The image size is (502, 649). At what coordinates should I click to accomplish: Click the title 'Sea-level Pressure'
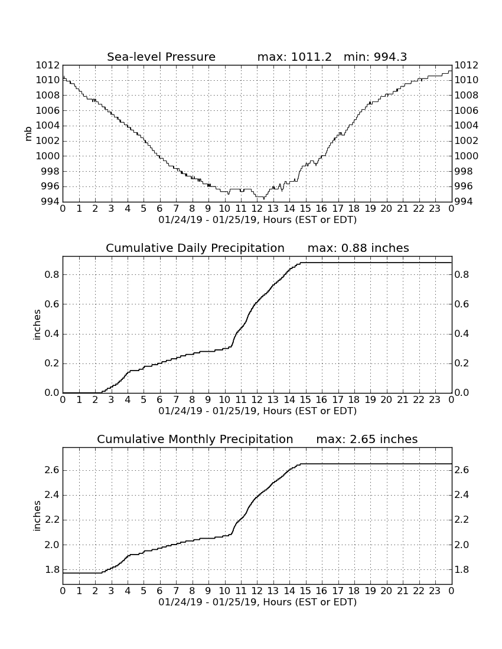(x=161, y=57)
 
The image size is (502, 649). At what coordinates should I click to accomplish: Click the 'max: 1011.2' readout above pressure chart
(x=295, y=57)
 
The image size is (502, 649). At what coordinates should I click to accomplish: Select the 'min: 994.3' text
(x=375, y=57)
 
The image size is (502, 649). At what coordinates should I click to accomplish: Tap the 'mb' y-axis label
(x=28, y=134)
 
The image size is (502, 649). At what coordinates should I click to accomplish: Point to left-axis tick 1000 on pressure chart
(x=47, y=156)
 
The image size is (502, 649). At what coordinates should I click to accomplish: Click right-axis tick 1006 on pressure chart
(x=467, y=110)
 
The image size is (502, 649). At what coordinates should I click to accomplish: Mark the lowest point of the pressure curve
(x=264, y=199)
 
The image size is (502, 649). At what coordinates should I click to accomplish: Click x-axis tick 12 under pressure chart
(x=257, y=209)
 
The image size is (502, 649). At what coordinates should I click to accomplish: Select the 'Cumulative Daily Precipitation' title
(x=195, y=248)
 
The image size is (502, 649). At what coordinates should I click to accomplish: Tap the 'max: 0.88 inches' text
(x=358, y=248)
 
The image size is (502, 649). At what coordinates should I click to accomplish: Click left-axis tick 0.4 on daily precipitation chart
(x=52, y=333)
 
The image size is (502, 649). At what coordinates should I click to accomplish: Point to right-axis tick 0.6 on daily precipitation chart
(x=462, y=304)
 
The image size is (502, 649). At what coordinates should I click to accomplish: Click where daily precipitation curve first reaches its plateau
(x=301, y=263)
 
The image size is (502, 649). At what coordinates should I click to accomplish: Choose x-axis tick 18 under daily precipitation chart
(x=354, y=400)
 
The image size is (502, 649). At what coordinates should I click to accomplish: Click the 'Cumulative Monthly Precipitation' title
(x=195, y=439)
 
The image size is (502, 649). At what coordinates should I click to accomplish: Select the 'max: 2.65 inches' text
(x=367, y=439)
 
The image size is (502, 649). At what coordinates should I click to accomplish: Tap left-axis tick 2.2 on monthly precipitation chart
(x=52, y=520)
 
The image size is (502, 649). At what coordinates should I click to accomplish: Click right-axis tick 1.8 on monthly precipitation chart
(x=462, y=569)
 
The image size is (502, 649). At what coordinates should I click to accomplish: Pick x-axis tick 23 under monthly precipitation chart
(x=435, y=591)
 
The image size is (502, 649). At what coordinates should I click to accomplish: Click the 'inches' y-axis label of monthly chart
(x=37, y=516)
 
